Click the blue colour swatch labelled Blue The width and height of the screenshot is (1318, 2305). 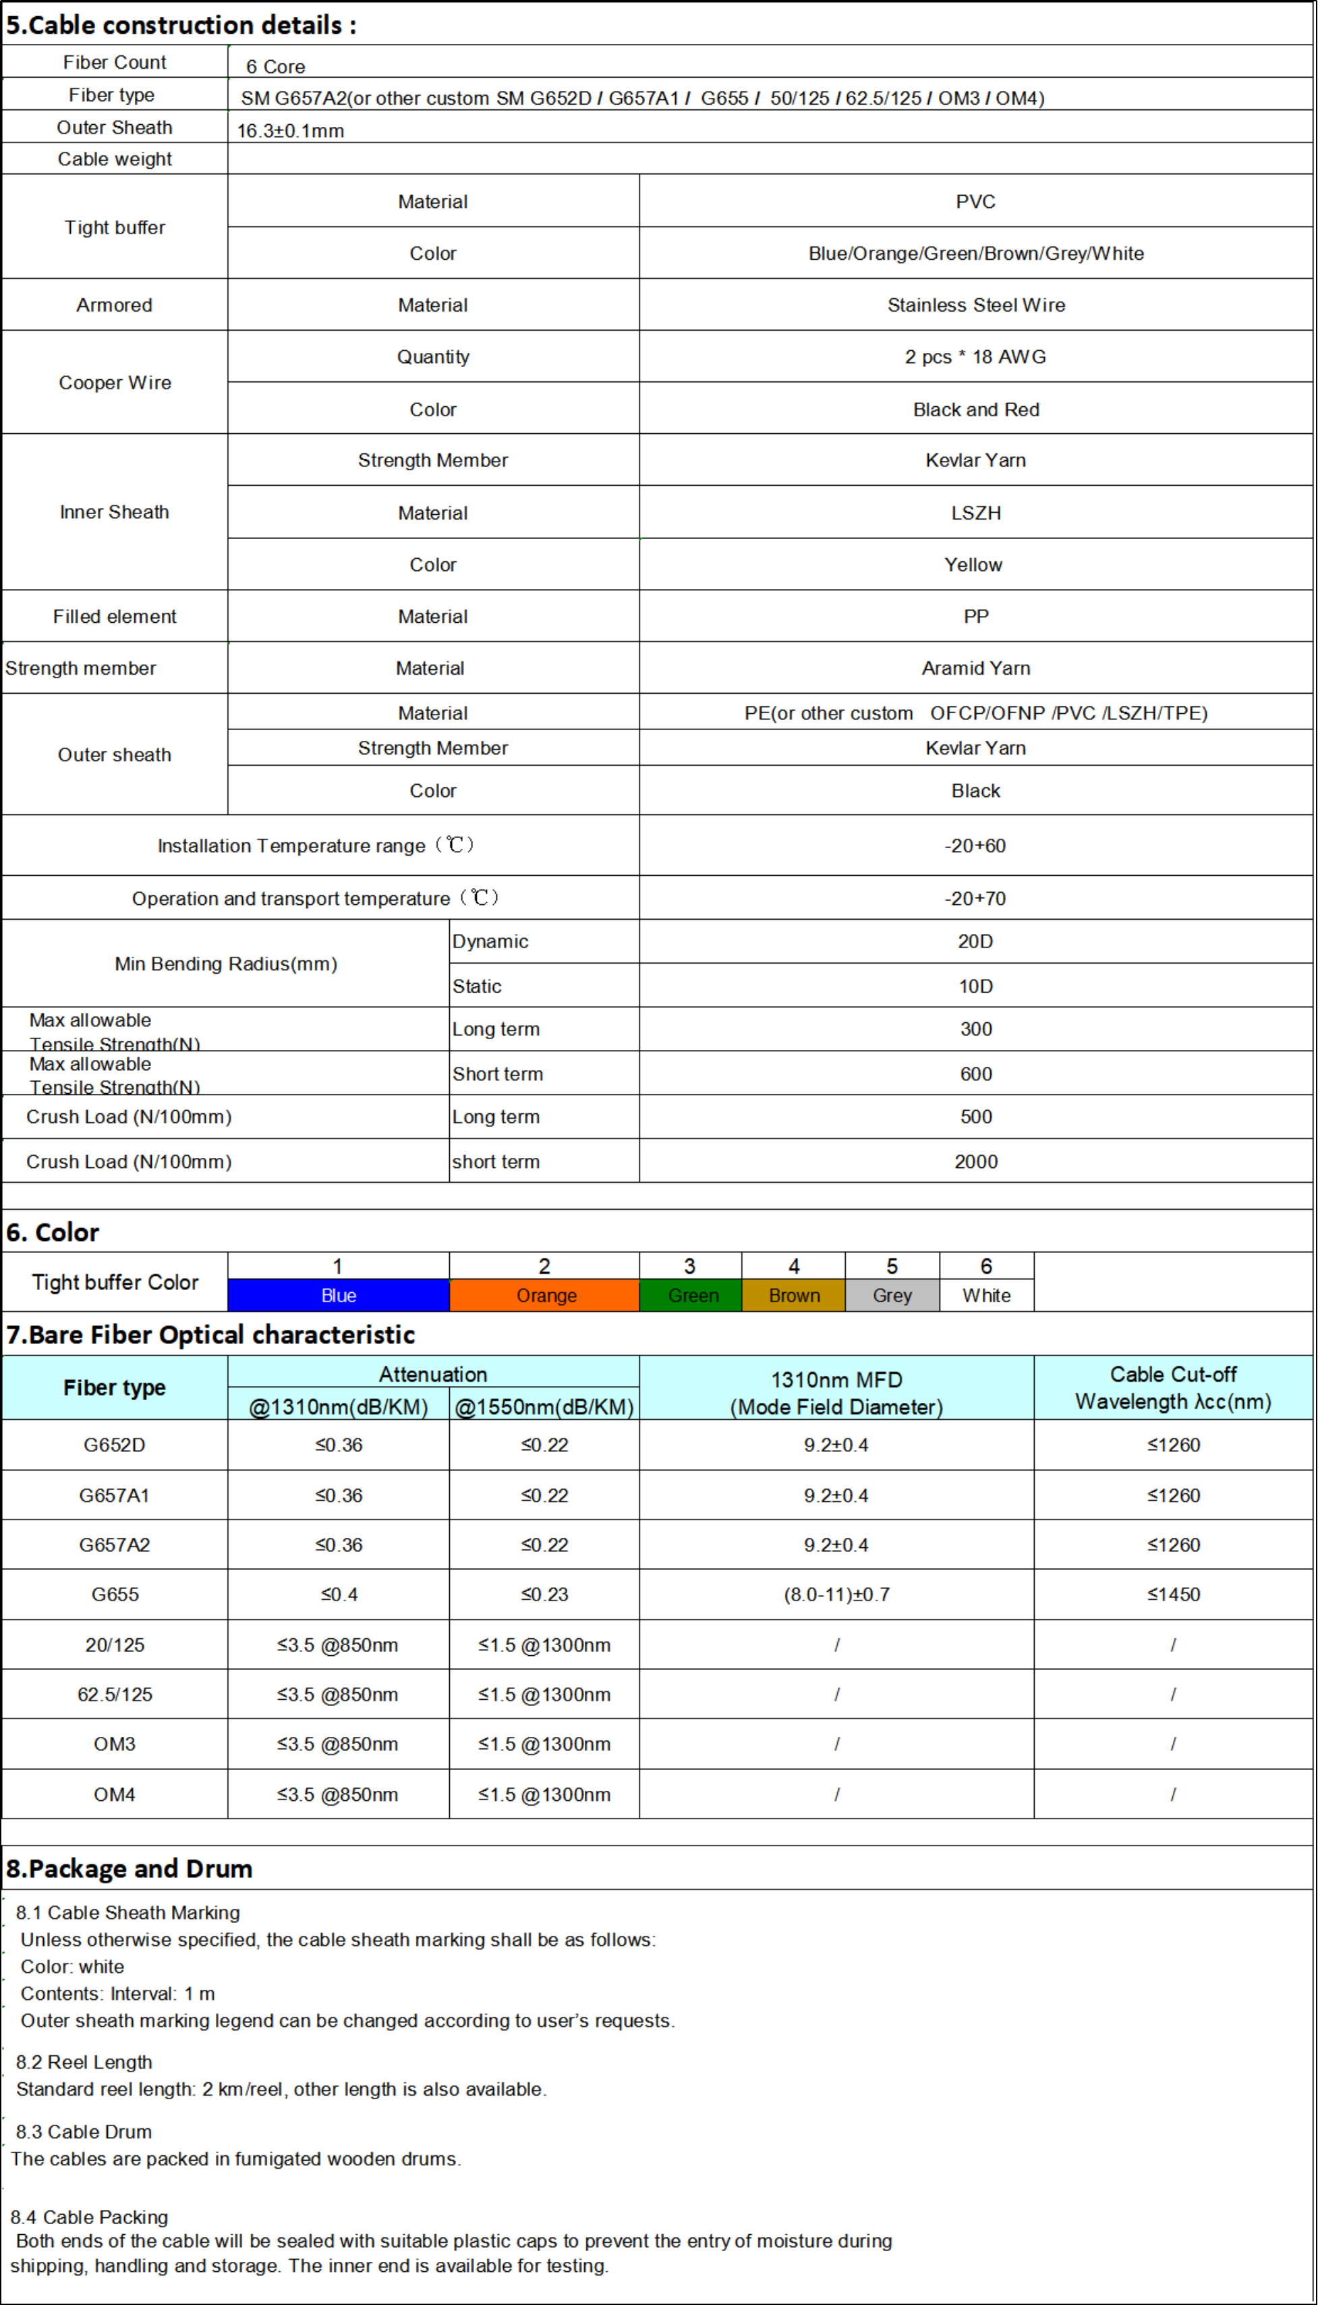pyautogui.click(x=338, y=1296)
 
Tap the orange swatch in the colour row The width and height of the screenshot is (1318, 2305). pyautogui.click(x=544, y=1296)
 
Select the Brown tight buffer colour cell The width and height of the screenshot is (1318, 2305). pyautogui.click(x=793, y=1296)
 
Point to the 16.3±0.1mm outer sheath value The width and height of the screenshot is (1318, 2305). pyautogui.click(x=291, y=130)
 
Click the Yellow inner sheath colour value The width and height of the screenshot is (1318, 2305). pyautogui.click(x=973, y=565)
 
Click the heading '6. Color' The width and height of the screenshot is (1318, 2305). pyautogui.click(x=53, y=1232)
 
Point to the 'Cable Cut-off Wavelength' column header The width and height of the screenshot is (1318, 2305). pyautogui.click(x=1172, y=1388)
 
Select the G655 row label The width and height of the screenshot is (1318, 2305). pyautogui.click(x=115, y=1594)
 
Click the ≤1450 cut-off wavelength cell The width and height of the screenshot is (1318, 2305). pyautogui.click(x=1172, y=1594)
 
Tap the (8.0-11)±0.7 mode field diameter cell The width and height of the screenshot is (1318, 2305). pyautogui.click(x=836, y=1594)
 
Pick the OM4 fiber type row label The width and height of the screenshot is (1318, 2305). pyautogui.click(x=115, y=1794)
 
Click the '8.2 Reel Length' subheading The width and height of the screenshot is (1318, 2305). pyautogui.click(x=84, y=2061)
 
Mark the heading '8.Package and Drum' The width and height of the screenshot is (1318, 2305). pyautogui.click(x=130, y=1868)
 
